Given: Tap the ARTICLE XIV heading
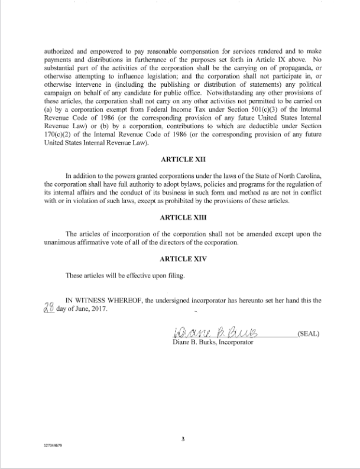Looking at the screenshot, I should click(182, 258).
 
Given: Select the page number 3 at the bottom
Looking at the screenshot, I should click(183, 439).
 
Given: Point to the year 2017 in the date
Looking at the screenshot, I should click(98, 310).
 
